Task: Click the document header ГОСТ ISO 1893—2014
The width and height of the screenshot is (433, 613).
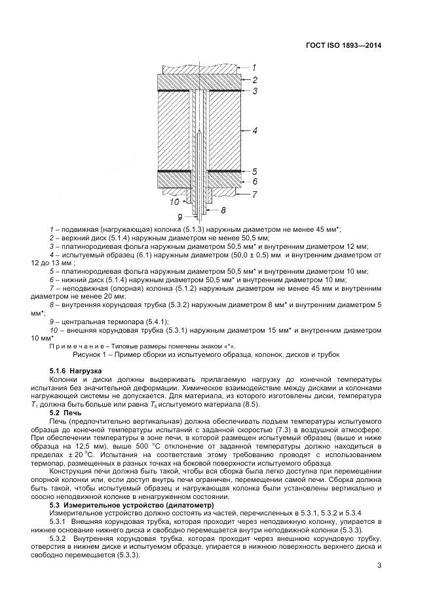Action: pyautogui.click(x=343, y=46)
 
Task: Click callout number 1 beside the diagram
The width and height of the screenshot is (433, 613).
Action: pyautogui.click(x=255, y=67)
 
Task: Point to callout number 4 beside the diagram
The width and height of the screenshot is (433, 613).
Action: pyautogui.click(x=255, y=131)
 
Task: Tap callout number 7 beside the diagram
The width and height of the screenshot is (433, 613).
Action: pyautogui.click(x=255, y=194)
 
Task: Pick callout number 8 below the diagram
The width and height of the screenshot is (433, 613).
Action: pyautogui.click(x=223, y=210)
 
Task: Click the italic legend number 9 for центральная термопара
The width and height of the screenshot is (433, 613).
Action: pyautogui.click(x=52, y=321)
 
